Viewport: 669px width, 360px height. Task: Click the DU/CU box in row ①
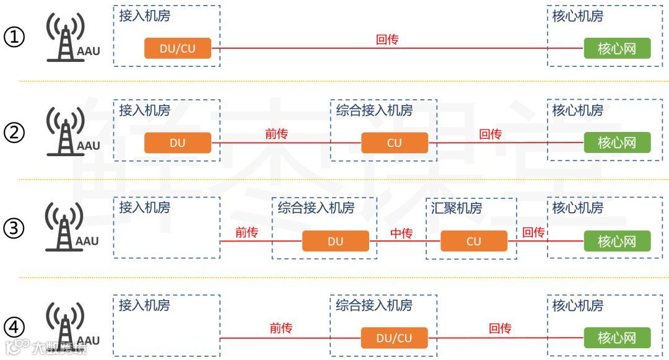pos(178,48)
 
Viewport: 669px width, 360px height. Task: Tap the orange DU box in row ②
pos(178,143)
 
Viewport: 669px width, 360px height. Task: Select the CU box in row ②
pos(395,143)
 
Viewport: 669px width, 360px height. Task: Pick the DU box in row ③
pos(335,241)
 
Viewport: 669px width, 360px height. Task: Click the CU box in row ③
pos(474,241)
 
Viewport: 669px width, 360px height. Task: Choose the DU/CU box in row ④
pos(395,338)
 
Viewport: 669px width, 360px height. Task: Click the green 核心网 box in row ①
pos(617,48)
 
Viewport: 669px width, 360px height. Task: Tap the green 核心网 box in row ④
pos(617,338)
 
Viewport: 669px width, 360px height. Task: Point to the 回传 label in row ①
pos(387,40)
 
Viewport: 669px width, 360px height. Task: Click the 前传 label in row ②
pos(276,134)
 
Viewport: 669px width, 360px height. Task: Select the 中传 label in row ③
pos(401,233)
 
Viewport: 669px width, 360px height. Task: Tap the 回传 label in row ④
pos(500,328)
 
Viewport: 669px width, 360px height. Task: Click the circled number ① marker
pos(14,38)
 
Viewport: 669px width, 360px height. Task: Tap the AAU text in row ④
pos(88,340)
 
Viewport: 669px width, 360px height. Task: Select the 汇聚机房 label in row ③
pos(457,208)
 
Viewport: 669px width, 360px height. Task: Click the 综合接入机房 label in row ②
pos(374,110)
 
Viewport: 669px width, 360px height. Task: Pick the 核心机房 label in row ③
pos(577,208)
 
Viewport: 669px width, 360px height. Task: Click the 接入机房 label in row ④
pos(144,305)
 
